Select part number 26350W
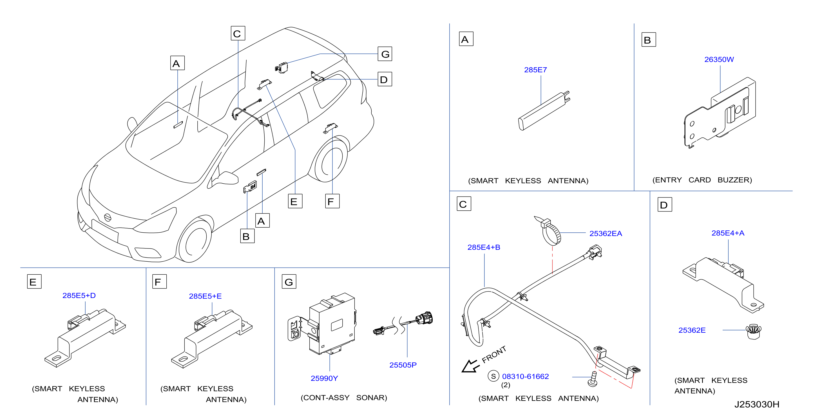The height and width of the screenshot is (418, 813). click(x=719, y=59)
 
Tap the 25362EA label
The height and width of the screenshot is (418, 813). click(x=606, y=233)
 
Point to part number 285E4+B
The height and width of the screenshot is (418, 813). click(x=484, y=247)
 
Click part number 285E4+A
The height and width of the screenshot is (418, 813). click(x=728, y=233)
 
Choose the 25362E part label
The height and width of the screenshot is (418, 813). click(x=692, y=330)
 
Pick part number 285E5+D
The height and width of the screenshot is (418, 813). click(x=79, y=295)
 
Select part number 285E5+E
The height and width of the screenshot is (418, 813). click(x=205, y=296)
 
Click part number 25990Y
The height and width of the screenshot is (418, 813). click(x=324, y=378)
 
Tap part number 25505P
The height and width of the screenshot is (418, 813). click(x=403, y=365)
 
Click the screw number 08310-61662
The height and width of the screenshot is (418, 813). click(x=525, y=376)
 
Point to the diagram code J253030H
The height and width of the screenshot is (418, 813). click(x=756, y=404)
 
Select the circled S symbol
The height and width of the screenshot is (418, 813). click(x=493, y=376)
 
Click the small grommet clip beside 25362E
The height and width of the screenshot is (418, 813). click(x=753, y=332)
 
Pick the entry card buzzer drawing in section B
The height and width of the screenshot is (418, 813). click(x=720, y=113)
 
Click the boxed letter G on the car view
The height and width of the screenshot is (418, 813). click(x=385, y=54)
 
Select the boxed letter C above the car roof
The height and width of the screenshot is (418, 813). click(x=238, y=34)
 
